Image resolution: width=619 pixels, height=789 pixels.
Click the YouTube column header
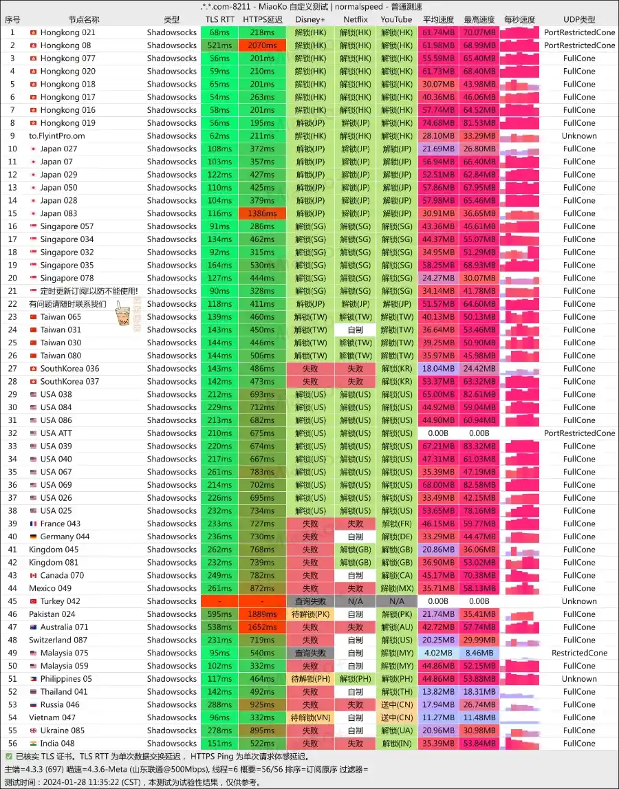396,19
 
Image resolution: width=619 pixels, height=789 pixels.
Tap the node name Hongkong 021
67,32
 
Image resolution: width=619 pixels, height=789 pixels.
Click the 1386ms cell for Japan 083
262,214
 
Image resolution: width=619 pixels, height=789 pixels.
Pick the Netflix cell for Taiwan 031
355,330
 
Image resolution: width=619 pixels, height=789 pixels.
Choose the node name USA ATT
56,433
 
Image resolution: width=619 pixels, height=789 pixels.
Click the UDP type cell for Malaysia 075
579,653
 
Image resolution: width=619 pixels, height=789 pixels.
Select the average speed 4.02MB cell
438,653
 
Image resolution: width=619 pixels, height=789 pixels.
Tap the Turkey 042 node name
60,601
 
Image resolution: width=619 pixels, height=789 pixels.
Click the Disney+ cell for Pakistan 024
310,614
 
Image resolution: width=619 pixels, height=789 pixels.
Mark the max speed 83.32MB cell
479,446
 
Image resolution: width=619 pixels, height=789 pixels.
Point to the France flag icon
33,524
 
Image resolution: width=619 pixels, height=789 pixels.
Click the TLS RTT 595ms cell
219,614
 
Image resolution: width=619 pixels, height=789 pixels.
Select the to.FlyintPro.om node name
56,136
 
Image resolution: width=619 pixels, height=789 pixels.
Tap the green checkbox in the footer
8,756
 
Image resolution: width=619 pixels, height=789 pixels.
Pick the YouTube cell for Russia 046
396,705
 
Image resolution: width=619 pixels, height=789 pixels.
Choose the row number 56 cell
12,744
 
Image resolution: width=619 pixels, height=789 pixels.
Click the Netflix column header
355,19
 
